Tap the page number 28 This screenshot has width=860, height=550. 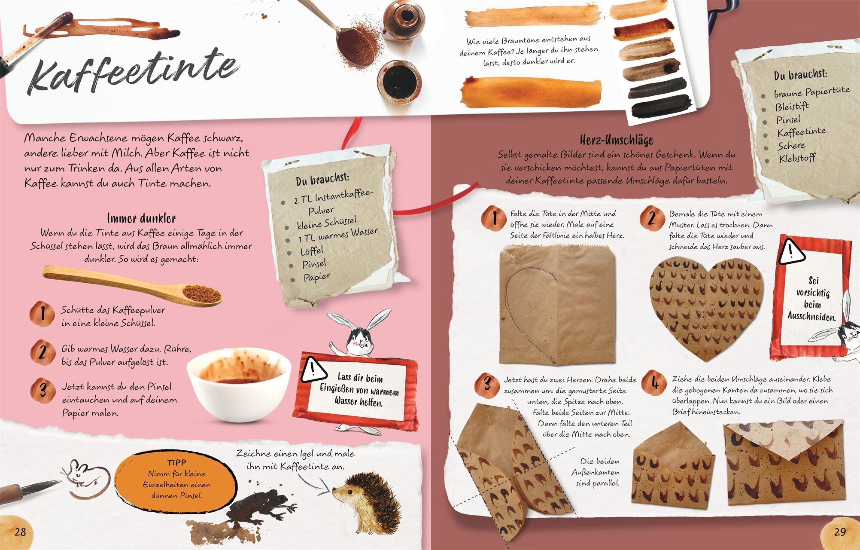(x=20, y=532)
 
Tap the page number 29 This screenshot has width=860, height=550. (x=840, y=532)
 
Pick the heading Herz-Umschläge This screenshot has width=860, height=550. (x=617, y=140)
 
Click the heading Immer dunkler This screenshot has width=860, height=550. (x=141, y=218)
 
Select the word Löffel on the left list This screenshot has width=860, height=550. (x=312, y=251)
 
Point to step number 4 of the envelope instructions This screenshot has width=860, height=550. (x=654, y=382)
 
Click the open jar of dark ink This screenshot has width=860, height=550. (x=399, y=82)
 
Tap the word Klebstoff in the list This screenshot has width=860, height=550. (x=797, y=158)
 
